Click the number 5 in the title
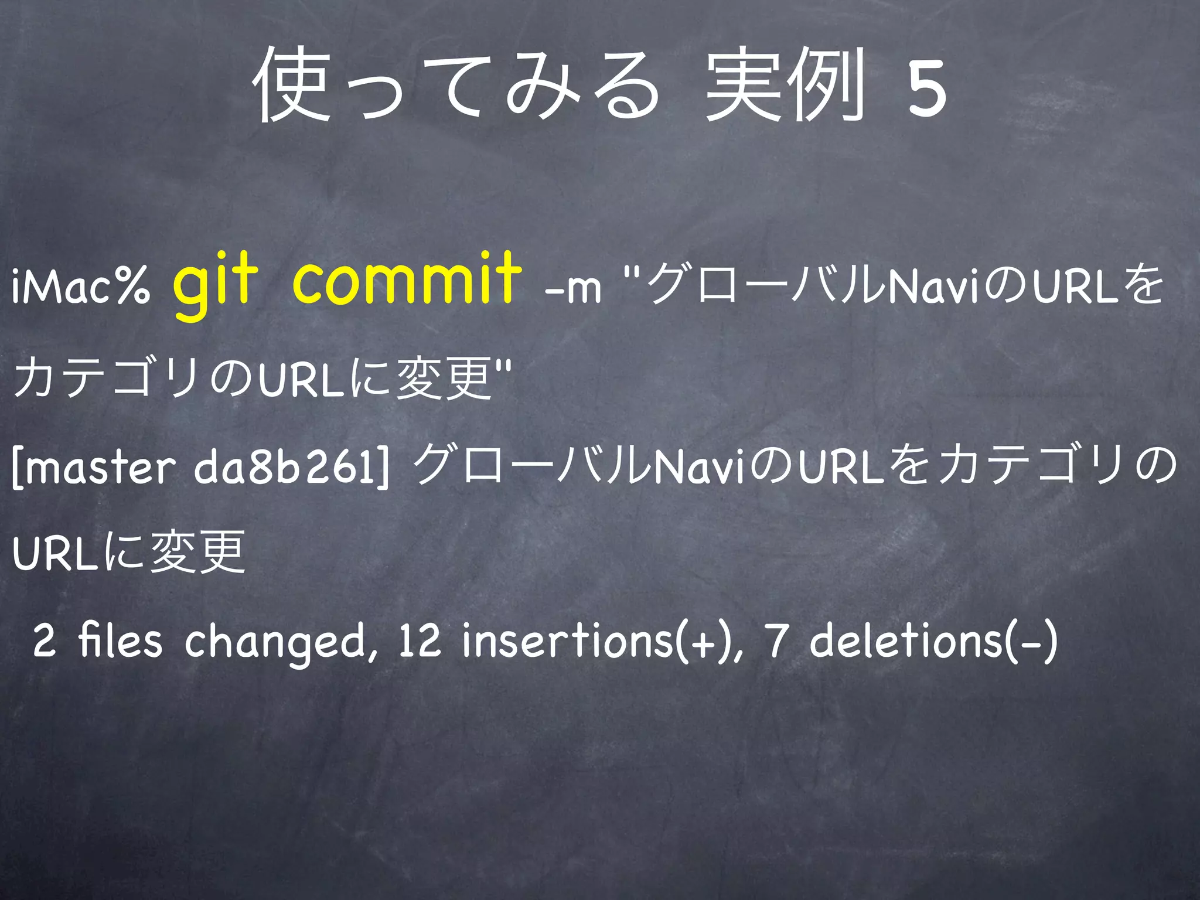click(926, 88)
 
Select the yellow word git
click(215, 280)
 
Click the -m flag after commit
click(572, 288)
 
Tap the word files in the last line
click(120, 640)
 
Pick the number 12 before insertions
click(419, 640)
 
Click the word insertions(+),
click(604, 640)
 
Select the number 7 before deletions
click(776, 640)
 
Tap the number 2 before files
click(45, 640)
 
